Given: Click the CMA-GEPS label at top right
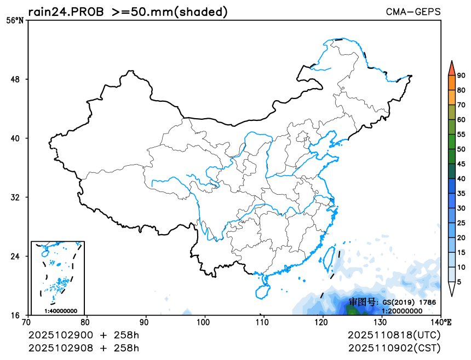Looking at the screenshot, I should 413,11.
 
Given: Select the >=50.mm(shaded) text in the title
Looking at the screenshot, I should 170,11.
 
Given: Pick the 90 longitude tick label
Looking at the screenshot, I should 145,322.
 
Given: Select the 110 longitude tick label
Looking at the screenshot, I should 263,322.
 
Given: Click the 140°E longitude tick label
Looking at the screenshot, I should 443,322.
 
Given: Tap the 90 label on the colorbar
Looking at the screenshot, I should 461,76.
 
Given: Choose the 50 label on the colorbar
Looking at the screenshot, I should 461,149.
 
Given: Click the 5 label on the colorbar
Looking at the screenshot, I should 459,281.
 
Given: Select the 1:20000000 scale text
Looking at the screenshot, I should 401,311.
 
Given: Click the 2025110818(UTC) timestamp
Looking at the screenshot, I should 394,334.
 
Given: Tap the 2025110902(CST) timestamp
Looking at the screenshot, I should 394,347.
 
